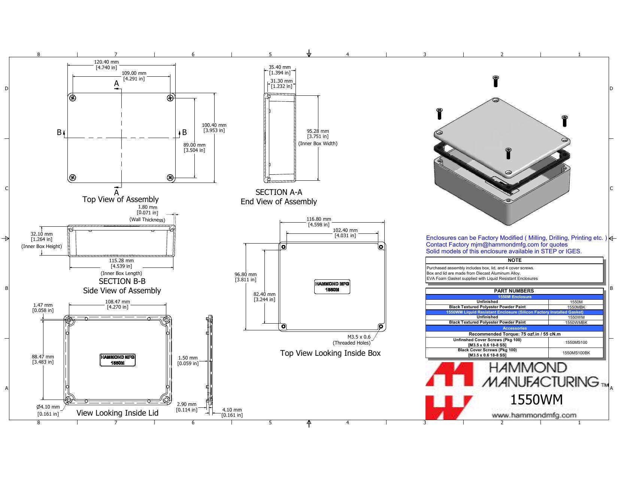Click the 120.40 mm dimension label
click(106, 64)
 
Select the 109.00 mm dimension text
click(134, 76)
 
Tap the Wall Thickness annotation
click(147, 220)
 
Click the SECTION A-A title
click(279, 192)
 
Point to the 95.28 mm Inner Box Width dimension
click(318, 137)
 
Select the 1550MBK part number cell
click(576, 307)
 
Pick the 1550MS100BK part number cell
click(576, 353)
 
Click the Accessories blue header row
click(515, 328)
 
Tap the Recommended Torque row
click(515, 334)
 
